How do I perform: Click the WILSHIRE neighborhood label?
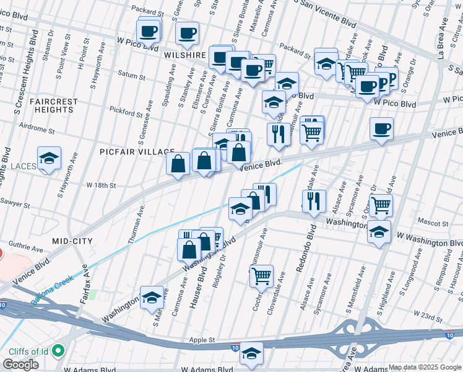tap(185, 55)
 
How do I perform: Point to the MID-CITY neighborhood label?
tap(73, 241)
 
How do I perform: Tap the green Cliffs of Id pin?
tap(59, 351)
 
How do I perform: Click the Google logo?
tap(20, 365)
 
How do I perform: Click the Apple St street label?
tap(202, 340)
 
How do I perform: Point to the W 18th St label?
tap(102, 185)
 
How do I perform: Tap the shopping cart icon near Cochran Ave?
tap(261, 275)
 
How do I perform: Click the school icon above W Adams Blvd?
tap(251, 353)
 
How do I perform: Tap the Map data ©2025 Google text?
tap(424, 367)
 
